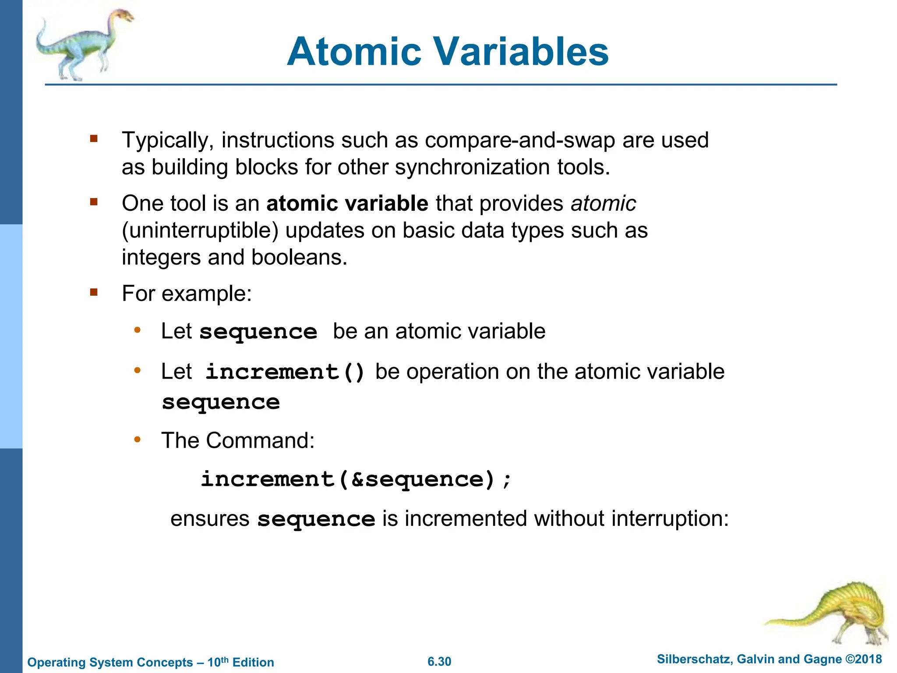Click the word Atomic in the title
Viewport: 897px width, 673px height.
pos(354,52)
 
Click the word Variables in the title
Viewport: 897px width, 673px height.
pos(521,52)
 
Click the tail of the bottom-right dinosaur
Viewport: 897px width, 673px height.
pos(788,620)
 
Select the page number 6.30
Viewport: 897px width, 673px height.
pos(439,662)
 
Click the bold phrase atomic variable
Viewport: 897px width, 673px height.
pos(347,203)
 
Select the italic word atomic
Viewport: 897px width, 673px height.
pos(603,203)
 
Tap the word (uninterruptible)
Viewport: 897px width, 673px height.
pos(200,230)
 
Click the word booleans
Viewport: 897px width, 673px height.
pos(299,257)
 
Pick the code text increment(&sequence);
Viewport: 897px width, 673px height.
pos(356,479)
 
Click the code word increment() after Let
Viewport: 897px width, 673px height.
pos(285,372)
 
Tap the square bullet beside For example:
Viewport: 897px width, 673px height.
pos(93,292)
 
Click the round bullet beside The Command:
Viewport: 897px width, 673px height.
pos(137,439)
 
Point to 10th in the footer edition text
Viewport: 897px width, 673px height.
pos(218,662)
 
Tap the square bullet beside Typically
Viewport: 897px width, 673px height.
pos(93,139)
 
